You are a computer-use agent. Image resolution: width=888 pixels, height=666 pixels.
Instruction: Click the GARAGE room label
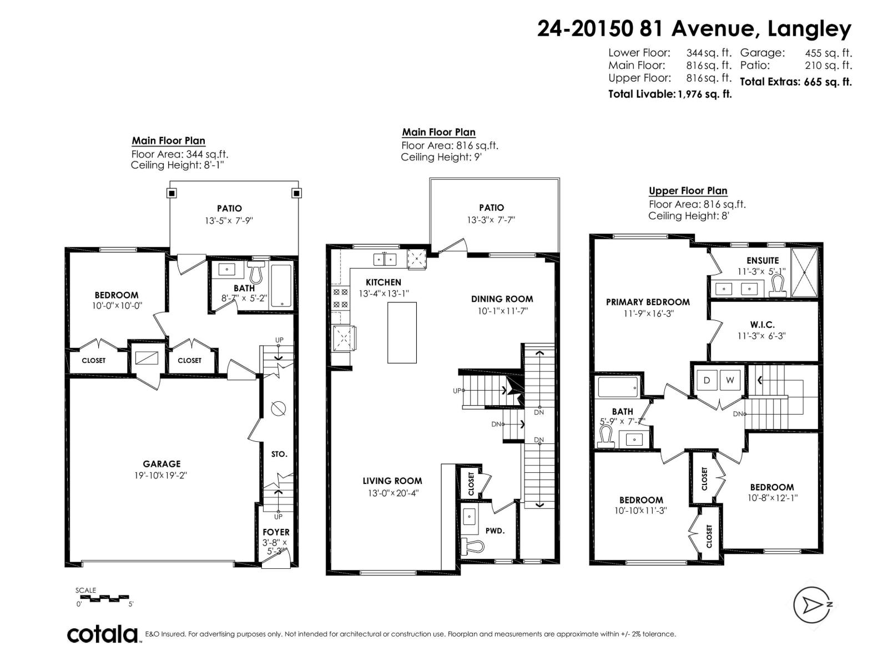[x=162, y=464]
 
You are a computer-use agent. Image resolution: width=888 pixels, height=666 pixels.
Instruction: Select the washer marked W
[x=730, y=380]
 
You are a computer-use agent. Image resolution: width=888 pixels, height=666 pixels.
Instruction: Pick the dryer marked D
[x=707, y=380]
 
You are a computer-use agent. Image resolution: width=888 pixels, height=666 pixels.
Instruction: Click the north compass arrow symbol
[x=814, y=604]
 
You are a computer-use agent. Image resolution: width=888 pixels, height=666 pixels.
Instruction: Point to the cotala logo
[x=103, y=634]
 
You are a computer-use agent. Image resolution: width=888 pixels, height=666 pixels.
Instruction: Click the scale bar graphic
[x=104, y=598]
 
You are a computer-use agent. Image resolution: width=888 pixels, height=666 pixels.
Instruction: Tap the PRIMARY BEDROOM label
[x=648, y=302]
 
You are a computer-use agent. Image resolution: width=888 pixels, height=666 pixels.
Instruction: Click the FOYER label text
[x=276, y=532]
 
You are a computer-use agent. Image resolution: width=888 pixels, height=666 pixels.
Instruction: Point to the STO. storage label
[x=279, y=454]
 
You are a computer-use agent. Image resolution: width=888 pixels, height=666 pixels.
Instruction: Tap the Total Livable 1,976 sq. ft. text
[x=670, y=94]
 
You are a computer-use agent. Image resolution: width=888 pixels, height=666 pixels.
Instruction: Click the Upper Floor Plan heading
[x=688, y=191]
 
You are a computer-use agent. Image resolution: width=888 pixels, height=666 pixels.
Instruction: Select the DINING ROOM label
[x=502, y=299]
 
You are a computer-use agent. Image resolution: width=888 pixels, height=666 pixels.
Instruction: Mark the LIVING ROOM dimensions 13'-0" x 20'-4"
[x=392, y=493]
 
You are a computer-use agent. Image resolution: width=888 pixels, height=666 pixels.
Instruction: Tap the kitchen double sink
[x=385, y=259]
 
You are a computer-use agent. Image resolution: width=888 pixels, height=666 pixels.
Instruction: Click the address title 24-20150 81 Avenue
[x=694, y=29]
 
